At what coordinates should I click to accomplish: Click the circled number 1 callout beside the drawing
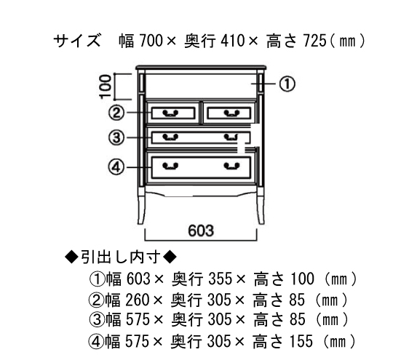pos(287,84)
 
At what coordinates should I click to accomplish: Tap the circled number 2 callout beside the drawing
pos(116,113)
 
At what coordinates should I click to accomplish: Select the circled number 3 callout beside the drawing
pos(116,137)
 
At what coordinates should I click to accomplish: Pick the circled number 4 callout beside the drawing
pos(116,167)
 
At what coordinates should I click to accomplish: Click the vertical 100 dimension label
pos(106,87)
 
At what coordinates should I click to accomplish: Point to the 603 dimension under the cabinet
pos(201,231)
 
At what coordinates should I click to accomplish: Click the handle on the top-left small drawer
pos(170,113)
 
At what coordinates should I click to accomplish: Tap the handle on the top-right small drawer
pos(231,113)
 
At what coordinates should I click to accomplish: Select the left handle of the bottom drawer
pos(170,166)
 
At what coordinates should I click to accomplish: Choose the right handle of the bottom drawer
pos(231,166)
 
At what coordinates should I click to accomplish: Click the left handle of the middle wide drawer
pos(170,137)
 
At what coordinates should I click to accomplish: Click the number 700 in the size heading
pos(151,41)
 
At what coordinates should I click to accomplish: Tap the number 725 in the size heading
pos(315,41)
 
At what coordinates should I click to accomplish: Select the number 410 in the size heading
pos(232,41)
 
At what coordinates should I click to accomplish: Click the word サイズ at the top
pos(77,40)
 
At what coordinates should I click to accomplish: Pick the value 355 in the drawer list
pos(220,279)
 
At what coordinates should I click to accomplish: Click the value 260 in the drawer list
pos(138,300)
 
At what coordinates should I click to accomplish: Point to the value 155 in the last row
pos(301,342)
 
